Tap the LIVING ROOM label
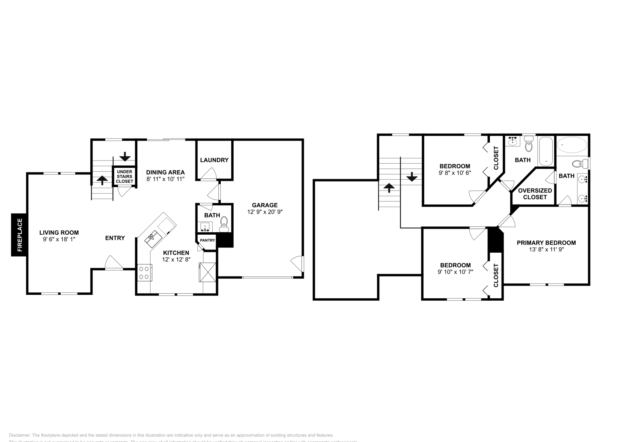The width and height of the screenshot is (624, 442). pyautogui.click(x=59, y=233)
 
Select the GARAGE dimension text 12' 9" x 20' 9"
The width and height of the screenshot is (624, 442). pyautogui.click(x=265, y=212)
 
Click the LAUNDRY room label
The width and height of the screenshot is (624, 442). pyautogui.click(x=214, y=160)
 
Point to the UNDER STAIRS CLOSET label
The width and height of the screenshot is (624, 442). pyautogui.click(x=124, y=176)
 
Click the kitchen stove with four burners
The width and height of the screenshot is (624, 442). pyautogui.click(x=145, y=272)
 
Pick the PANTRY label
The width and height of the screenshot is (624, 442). pyautogui.click(x=207, y=240)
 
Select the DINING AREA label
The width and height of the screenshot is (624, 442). pyautogui.click(x=165, y=172)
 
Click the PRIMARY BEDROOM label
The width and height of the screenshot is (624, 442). pyautogui.click(x=546, y=243)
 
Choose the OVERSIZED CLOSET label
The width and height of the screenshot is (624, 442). pyautogui.click(x=535, y=194)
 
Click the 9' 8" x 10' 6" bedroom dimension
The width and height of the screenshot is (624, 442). pyautogui.click(x=455, y=172)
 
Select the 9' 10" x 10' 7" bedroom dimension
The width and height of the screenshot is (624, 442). pyautogui.click(x=455, y=272)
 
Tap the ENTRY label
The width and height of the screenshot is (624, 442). pyautogui.click(x=115, y=238)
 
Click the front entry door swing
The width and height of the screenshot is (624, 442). pyautogui.click(x=113, y=263)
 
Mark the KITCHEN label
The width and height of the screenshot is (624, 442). pyautogui.click(x=176, y=253)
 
